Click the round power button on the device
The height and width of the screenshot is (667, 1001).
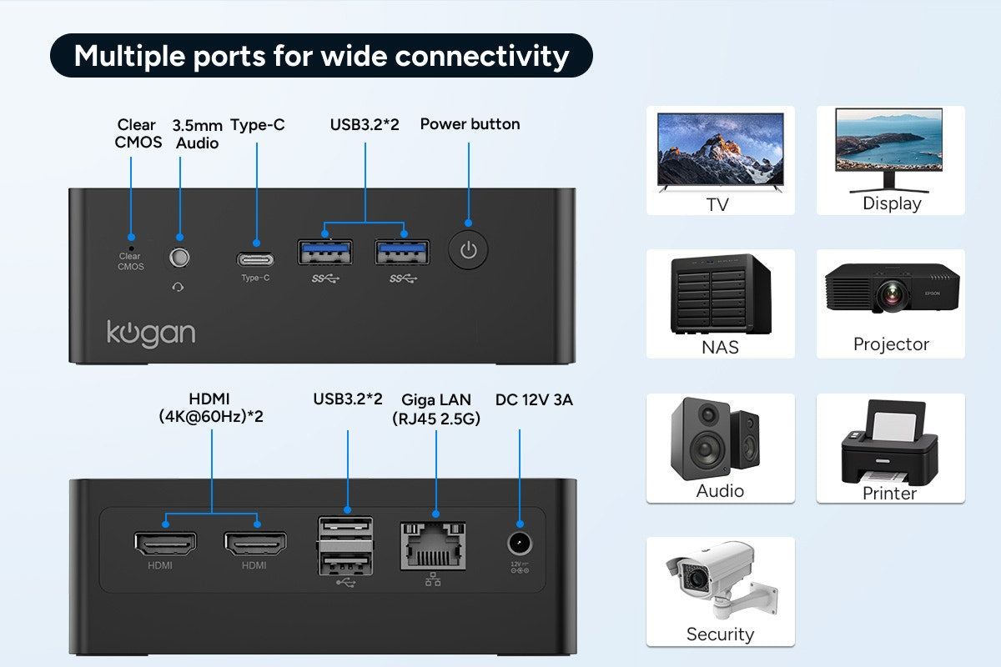pyautogui.click(x=468, y=249)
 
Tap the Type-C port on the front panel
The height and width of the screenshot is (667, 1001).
pyautogui.click(x=255, y=258)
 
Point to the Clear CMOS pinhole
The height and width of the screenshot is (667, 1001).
pyautogui.click(x=131, y=246)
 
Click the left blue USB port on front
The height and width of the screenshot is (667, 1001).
pyautogui.click(x=324, y=252)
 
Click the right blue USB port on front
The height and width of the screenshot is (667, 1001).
pyautogui.click(x=402, y=252)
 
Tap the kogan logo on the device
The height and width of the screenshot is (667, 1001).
pyautogui.click(x=150, y=333)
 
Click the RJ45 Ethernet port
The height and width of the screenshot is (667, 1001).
pyautogui.click(x=433, y=546)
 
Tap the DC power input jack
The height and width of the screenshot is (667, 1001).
pyautogui.click(x=520, y=544)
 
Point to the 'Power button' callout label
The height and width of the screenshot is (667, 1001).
pyautogui.click(x=470, y=124)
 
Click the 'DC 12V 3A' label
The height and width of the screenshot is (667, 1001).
pyautogui.click(x=534, y=399)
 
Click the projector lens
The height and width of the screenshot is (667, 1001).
pyautogui.click(x=893, y=293)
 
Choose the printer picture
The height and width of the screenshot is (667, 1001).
pyautogui.click(x=889, y=442)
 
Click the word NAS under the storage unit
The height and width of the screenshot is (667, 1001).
pyautogui.click(x=720, y=347)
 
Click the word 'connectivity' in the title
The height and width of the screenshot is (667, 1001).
pyautogui.click(x=481, y=56)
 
